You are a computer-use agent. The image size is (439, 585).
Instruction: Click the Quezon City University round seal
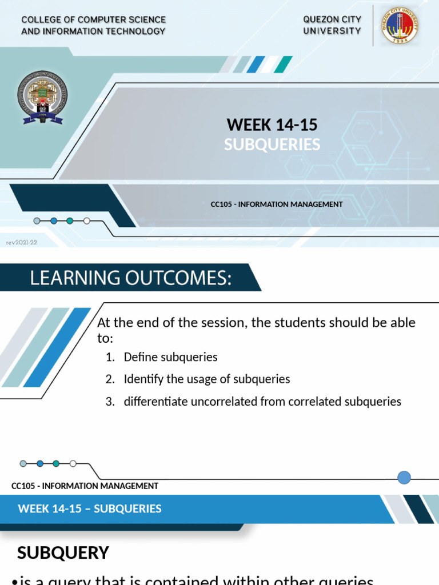400,26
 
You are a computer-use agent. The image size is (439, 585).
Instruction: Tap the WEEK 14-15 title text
272,124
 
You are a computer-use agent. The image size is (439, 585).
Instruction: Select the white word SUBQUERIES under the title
272,145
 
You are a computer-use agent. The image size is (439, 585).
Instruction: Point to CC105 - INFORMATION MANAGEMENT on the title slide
277,204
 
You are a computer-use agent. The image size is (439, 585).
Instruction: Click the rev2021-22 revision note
21,242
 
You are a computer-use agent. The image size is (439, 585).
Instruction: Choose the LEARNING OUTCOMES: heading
131,278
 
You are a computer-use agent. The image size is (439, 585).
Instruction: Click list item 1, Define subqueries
170,357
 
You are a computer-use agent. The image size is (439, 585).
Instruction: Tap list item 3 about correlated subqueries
262,401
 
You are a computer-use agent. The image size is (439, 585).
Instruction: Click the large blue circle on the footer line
404,478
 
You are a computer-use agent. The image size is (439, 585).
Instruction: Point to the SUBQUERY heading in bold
63,552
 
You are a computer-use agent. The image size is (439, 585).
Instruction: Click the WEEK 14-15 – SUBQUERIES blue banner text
90,508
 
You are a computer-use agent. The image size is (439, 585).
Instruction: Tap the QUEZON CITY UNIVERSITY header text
332,25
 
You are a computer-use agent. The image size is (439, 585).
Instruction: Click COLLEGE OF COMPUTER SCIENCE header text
93,20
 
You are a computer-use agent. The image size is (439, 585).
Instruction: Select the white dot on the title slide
87,221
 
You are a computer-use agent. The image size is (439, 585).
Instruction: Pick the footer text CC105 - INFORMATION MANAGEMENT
85,486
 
